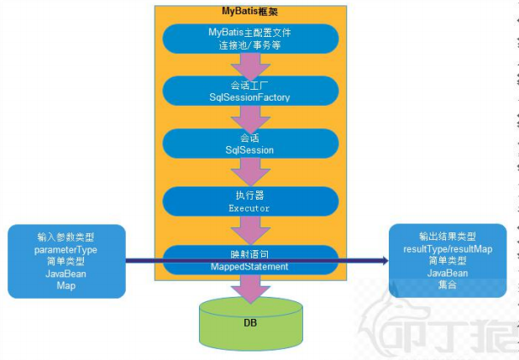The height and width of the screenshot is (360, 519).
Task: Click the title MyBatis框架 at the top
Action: tap(249, 11)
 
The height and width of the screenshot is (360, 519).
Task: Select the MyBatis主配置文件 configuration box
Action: tap(249, 39)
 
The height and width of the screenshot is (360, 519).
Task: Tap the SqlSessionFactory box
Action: tap(249, 91)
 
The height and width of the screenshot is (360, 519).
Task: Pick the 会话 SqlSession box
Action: tap(249, 143)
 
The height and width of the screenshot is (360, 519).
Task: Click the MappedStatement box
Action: tap(249, 259)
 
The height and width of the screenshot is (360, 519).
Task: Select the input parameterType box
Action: tap(66, 261)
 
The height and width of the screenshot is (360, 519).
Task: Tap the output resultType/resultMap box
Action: tap(447, 260)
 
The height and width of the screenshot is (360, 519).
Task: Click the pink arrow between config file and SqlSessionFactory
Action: tap(249, 65)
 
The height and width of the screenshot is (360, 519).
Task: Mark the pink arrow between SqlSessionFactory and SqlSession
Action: tap(249, 118)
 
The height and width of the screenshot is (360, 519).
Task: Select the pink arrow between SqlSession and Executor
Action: tap(249, 172)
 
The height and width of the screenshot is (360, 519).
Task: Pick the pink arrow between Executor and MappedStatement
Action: tap(249, 228)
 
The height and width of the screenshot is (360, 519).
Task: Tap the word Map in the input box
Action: tap(66, 284)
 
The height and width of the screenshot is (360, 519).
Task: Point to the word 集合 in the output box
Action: tap(447, 284)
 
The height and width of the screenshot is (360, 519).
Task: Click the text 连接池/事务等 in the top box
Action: tap(249, 44)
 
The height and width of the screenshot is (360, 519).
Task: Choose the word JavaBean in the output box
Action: tap(447, 273)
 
